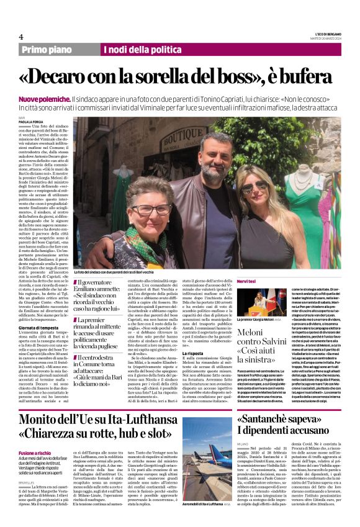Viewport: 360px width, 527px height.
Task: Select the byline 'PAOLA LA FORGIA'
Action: pyautogui.click(x=32, y=122)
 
